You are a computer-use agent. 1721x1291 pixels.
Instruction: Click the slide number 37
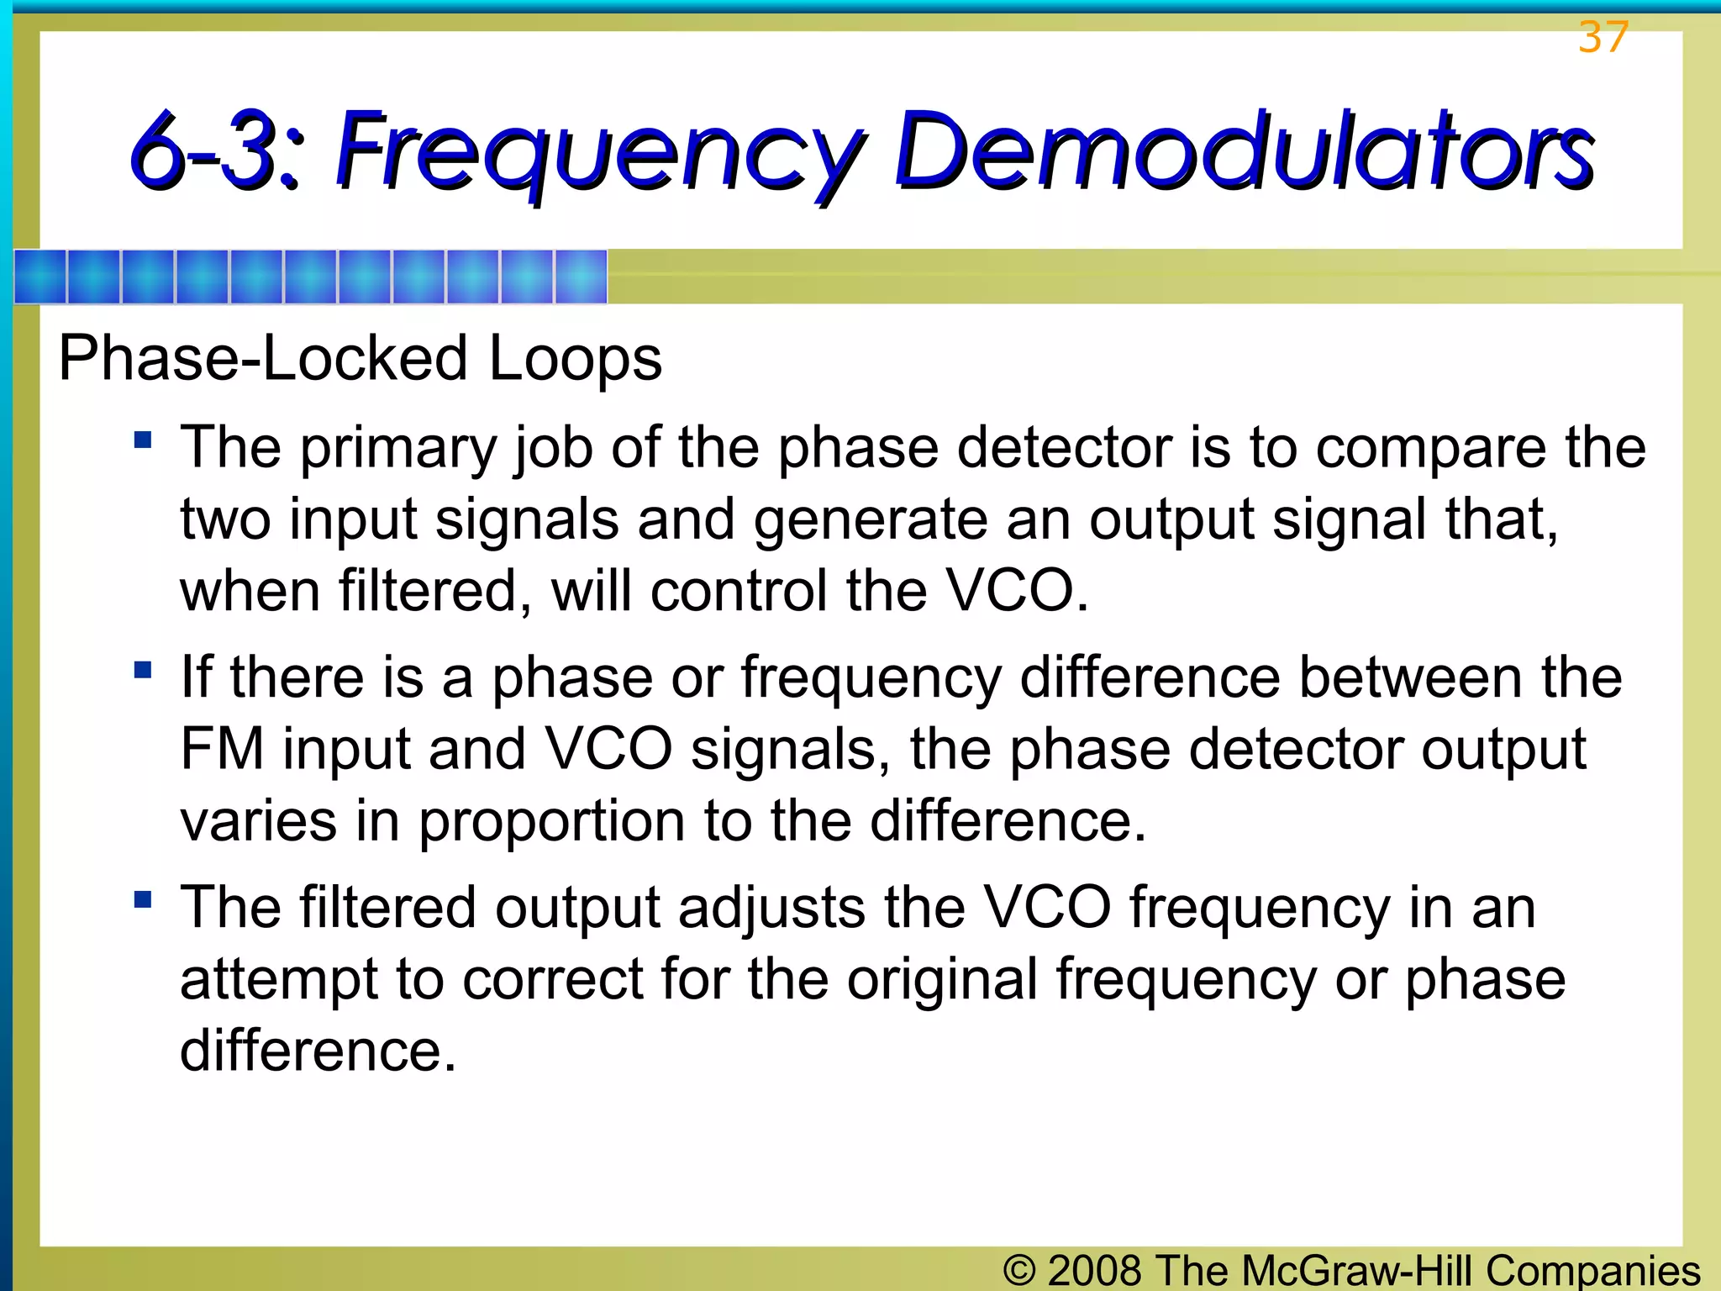point(1603,38)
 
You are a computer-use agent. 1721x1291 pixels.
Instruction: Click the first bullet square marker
point(143,440)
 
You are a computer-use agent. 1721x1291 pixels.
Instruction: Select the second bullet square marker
point(143,670)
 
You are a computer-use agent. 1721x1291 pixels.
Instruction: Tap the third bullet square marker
point(143,900)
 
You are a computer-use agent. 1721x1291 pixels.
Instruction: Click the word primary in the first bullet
point(398,449)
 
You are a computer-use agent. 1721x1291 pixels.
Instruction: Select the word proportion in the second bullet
point(551,821)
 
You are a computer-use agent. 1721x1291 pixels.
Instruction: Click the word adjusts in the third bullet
point(771,909)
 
